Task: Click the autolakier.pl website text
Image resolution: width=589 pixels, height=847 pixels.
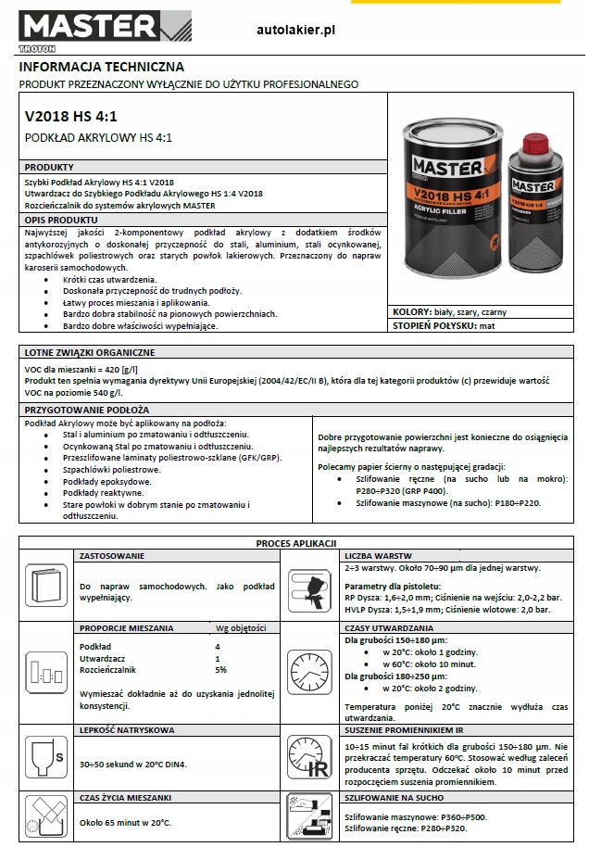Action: click(295, 31)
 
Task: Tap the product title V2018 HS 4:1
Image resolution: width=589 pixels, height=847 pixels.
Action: click(71, 118)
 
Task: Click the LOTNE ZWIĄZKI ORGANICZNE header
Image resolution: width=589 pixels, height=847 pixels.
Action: click(91, 352)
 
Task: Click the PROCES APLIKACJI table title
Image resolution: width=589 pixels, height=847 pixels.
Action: click(295, 542)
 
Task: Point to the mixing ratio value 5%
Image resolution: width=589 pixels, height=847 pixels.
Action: click(220, 669)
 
